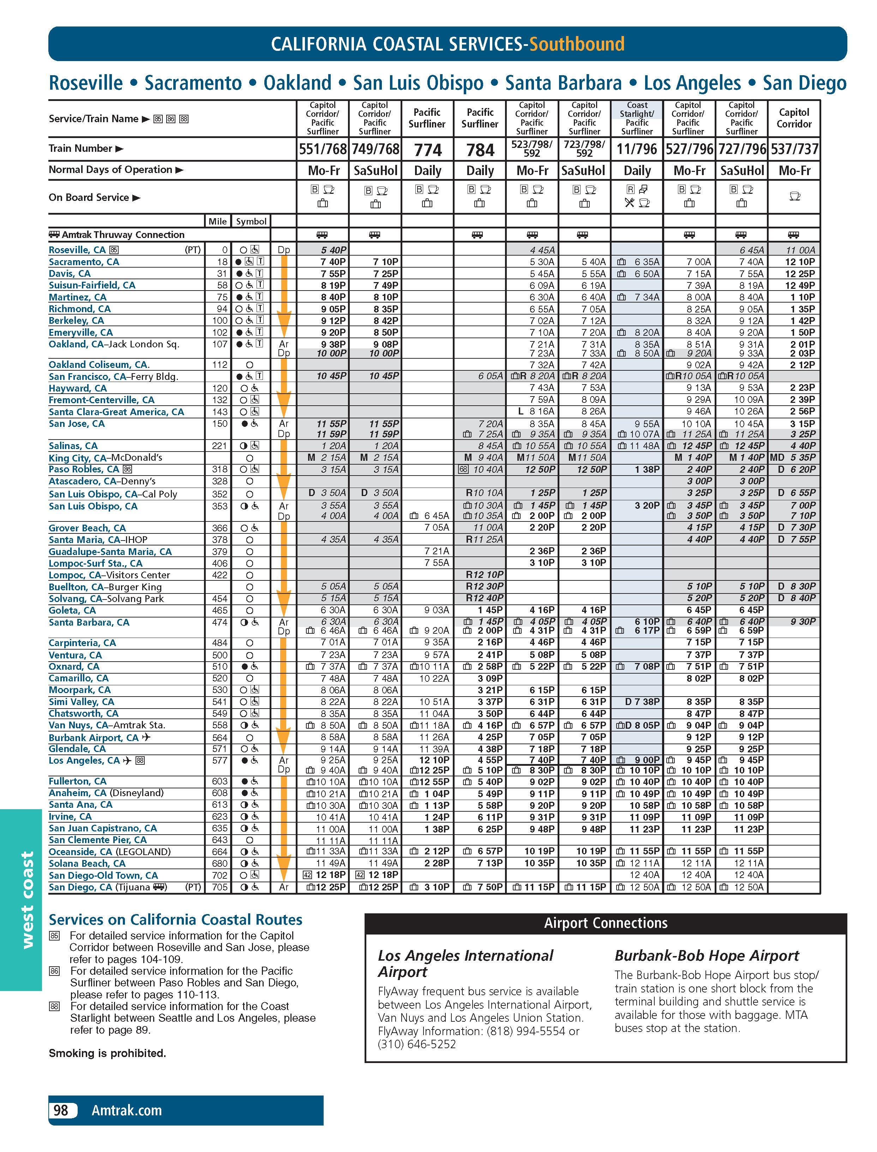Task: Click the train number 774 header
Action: click(x=427, y=150)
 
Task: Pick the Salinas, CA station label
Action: click(x=73, y=446)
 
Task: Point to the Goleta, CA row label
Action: click(x=72, y=610)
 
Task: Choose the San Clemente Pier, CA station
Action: click(x=98, y=840)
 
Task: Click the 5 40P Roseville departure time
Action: click(x=331, y=251)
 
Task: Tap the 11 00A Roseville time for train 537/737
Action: click(x=800, y=251)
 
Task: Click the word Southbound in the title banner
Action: click(x=576, y=44)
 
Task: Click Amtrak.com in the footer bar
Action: click(x=126, y=1110)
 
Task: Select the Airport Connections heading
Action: click(x=606, y=923)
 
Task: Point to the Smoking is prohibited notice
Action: click(x=108, y=1053)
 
